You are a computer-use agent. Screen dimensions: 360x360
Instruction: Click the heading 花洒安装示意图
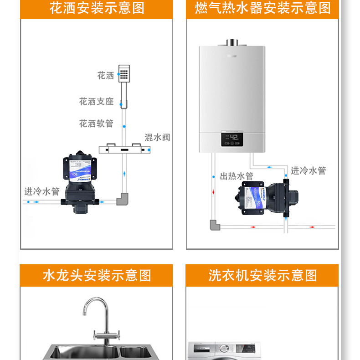point(97,8)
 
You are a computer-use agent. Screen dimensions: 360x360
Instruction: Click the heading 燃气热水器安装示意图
point(262,8)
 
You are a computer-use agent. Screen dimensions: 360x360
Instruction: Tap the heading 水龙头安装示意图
point(97,275)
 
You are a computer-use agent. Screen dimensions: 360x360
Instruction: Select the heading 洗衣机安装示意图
point(262,275)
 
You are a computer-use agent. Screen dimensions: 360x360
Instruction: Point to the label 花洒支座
point(96,101)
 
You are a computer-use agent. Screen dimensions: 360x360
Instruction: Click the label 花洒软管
point(96,123)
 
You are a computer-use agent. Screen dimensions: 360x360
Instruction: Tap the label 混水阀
point(157,137)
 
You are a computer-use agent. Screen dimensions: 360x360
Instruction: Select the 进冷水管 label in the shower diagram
point(42,191)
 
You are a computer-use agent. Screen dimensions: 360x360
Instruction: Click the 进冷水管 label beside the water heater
point(309,170)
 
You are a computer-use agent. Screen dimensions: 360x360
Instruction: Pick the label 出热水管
point(237,176)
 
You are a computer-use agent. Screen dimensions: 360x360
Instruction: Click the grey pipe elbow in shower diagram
point(123,199)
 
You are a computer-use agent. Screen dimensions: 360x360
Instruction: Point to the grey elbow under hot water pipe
point(214,225)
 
